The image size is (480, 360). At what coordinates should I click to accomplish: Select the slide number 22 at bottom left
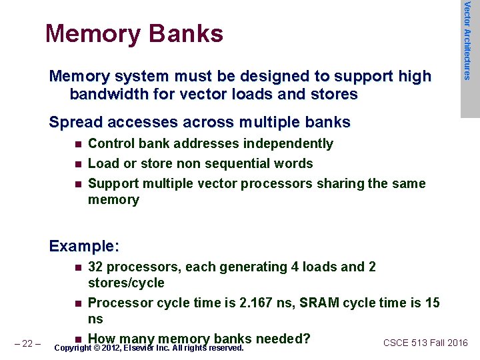pyautogui.click(x=28, y=344)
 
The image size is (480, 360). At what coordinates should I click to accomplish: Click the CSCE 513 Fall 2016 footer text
pyautogui.click(x=425, y=343)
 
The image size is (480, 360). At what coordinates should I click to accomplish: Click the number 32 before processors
pyautogui.click(x=96, y=267)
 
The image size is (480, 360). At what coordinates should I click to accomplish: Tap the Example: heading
pyautogui.click(x=84, y=247)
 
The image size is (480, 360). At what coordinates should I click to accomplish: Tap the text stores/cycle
pyautogui.click(x=126, y=283)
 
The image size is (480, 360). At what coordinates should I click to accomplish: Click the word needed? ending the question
pyautogui.click(x=282, y=338)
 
